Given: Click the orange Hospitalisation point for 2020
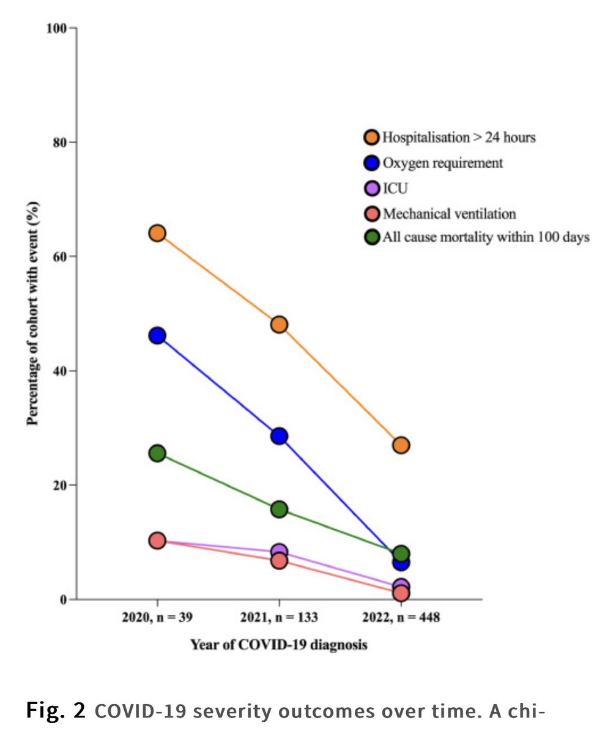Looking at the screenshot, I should point(157,233).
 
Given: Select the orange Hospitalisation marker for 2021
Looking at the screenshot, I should point(279,324).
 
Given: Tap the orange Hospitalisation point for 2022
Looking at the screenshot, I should point(401,445).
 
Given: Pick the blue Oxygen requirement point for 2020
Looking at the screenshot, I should point(157,335).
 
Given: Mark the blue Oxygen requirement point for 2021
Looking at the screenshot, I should point(279,436).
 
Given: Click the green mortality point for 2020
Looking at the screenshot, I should point(157,453).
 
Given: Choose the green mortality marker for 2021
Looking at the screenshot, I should point(279,510).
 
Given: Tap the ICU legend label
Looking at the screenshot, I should point(394,188).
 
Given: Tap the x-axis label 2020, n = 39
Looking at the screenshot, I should point(157,618).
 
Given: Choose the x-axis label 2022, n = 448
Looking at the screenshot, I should point(401,618).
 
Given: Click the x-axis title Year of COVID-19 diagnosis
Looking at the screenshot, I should point(278,645).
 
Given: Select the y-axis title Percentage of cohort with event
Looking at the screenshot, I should point(31,313).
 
